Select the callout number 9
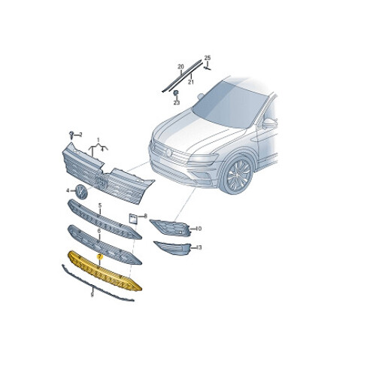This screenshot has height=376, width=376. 92,296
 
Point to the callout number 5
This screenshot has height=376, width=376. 99,205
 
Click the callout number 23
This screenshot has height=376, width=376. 176,102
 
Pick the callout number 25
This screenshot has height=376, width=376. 208,58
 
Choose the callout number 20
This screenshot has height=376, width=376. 180,67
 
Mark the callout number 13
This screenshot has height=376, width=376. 200,247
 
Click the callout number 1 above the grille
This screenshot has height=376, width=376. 97,140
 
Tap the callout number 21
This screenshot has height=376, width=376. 191,81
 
